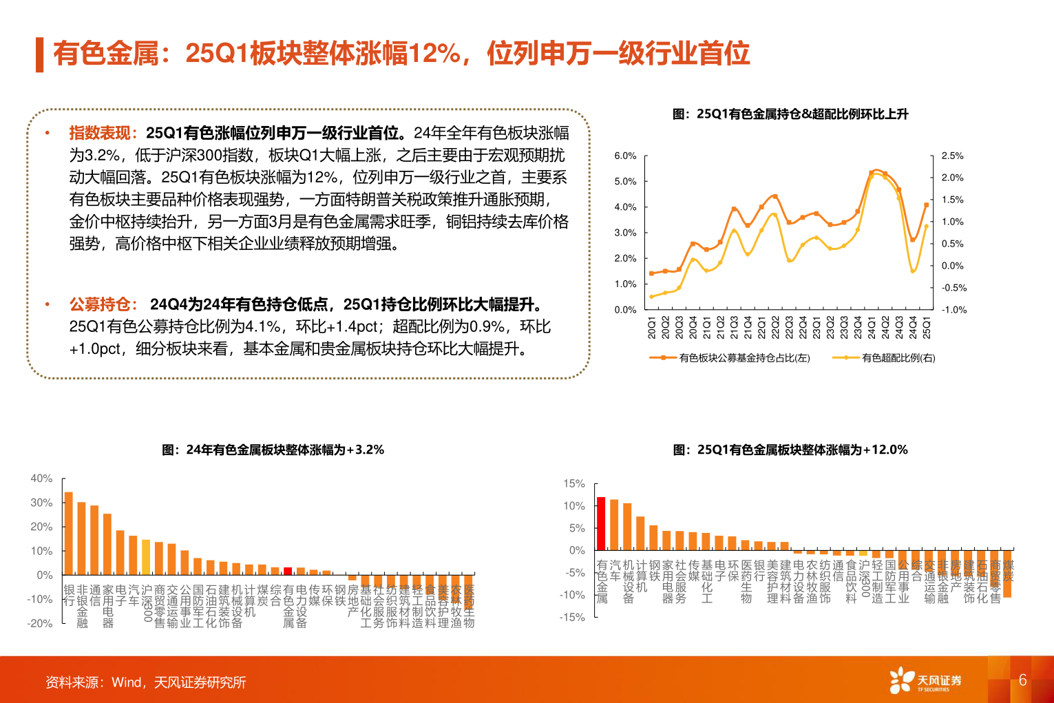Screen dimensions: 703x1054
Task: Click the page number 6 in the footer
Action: [x=1022, y=680]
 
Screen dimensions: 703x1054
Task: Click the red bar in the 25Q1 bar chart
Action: [x=601, y=523]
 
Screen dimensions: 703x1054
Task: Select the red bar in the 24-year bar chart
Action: [x=288, y=571]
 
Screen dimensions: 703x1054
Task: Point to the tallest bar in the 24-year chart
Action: [x=68, y=533]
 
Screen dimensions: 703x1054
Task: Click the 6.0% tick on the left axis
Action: [x=625, y=156]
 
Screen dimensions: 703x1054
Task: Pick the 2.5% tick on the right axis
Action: [x=952, y=156]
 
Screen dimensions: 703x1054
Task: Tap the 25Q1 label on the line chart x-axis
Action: [x=927, y=328]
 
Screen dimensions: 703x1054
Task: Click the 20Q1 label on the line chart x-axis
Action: [x=652, y=328]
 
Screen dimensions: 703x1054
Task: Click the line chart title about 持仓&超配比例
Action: [x=790, y=114]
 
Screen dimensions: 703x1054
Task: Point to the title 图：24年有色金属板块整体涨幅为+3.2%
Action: [x=273, y=450]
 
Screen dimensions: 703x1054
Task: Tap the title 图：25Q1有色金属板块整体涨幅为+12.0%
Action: [x=790, y=450]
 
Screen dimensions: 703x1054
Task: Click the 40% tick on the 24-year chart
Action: [x=41, y=479]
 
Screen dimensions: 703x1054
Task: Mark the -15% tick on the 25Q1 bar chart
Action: [x=574, y=618]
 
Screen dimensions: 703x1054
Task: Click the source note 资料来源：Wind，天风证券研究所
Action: [x=145, y=682]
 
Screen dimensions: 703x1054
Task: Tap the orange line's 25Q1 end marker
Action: [x=927, y=204]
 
